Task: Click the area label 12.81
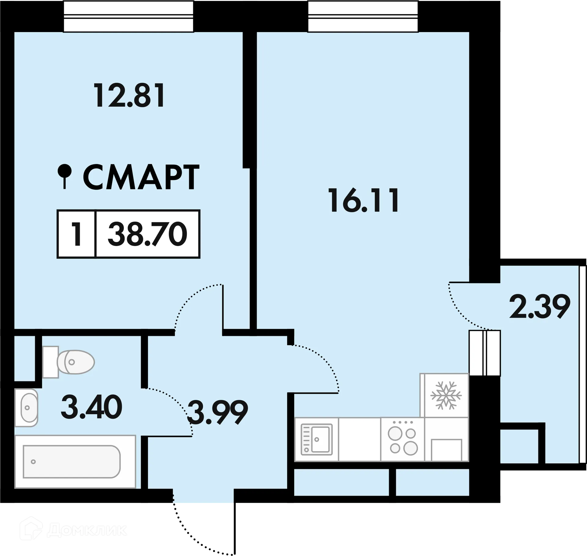click(x=130, y=96)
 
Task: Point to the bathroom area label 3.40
click(x=91, y=407)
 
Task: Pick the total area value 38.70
click(x=147, y=234)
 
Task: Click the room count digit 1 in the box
click(x=76, y=234)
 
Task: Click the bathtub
click(x=72, y=462)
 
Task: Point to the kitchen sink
click(x=316, y=439)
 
